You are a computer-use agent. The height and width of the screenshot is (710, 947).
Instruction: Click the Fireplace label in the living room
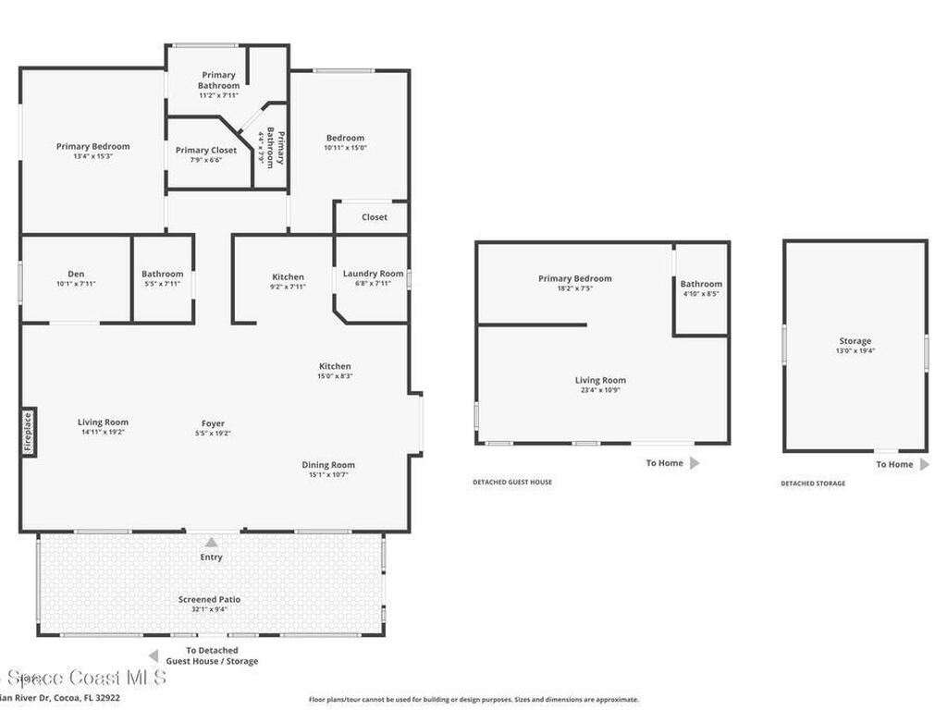click(x=28, y=433)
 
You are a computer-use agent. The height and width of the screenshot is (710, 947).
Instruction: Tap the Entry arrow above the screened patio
click(x=211, y=543)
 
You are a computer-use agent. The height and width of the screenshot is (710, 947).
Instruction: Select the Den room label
click(x=76, y=274)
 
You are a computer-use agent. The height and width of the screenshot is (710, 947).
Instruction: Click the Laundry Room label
click(x=373, y=274)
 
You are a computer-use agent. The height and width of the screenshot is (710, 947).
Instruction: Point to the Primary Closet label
click(x=206, y=150)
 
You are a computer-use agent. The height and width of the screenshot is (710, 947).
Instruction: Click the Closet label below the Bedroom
click(x=375, y=217)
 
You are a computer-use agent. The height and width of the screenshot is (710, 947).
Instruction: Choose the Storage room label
click(x=855, y=341)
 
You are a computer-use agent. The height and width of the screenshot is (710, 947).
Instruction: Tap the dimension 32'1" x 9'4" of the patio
click(x=210, y=610)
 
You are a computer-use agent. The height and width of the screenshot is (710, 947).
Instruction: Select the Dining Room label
click(x=328, y=465)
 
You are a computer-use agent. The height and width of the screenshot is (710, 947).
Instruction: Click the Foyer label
click(x=213, y=424)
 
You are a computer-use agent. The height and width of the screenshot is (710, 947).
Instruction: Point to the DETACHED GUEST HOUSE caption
click(x=512, y=483)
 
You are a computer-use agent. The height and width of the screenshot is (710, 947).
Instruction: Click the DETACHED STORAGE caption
click(x=812, y=484)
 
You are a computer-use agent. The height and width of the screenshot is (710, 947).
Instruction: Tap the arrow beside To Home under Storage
click(x=924, y=464)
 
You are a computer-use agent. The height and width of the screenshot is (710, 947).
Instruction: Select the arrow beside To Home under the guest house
click(x=695, y=462)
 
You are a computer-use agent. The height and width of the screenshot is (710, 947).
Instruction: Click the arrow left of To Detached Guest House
click(x=153, y=655)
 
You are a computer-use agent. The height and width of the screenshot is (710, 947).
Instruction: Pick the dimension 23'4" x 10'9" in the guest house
click(x=600, y=390)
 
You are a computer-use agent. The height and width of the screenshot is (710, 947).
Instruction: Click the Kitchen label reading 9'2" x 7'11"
click(x=288, y=287)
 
